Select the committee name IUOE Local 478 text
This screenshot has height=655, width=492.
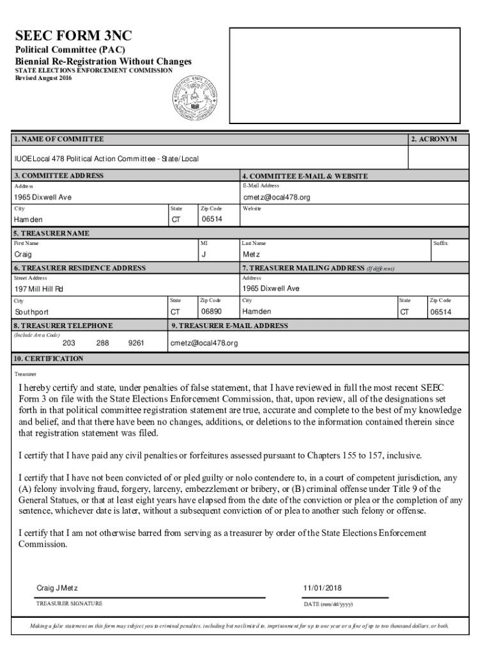[105, 158]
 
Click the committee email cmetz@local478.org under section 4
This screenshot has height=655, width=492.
[276, 197]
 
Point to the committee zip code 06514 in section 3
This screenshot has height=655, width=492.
[211, 219]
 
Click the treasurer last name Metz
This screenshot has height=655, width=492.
[251, 254]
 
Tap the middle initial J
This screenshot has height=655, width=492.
[203, 254]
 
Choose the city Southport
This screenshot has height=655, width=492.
[31, 312]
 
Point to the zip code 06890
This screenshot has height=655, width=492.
[211, 312]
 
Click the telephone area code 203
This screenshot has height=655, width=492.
[68, 343]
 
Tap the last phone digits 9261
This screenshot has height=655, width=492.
[135, 343]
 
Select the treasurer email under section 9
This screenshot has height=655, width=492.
[204, 343]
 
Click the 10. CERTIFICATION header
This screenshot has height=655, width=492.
[49, 359]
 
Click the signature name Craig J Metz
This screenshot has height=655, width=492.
[58, 588]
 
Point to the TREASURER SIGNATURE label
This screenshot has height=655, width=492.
[68, 604]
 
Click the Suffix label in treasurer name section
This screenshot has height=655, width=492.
[440, 243]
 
